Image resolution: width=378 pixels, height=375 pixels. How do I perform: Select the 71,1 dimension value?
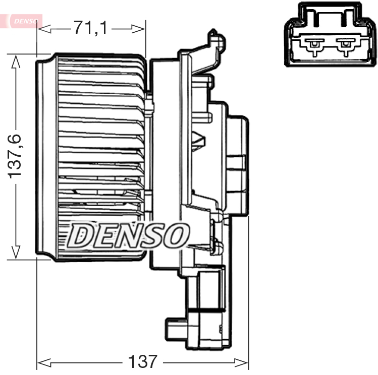coord(91,28)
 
